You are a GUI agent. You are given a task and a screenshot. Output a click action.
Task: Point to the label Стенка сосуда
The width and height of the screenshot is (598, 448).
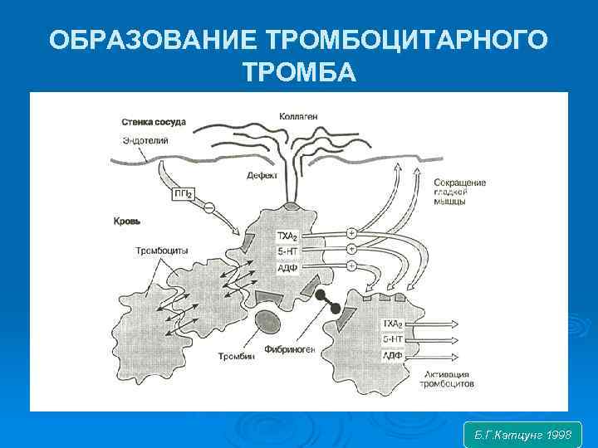[x=154, y=122]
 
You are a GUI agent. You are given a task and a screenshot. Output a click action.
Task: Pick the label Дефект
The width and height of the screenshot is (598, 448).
[x=262, y=175]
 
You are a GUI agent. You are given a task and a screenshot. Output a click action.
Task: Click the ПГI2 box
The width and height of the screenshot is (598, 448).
[x=184, y=193]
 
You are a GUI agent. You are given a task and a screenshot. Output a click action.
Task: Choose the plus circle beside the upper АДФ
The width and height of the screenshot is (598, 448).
[x=350, y=265]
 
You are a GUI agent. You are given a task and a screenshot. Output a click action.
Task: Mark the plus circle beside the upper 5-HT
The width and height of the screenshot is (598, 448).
[x=350, y=249]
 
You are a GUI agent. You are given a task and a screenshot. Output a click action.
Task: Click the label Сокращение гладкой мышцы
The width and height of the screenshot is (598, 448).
[x=460, y=191]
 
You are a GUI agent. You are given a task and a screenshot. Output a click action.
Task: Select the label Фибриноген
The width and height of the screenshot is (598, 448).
[x=290, y=348]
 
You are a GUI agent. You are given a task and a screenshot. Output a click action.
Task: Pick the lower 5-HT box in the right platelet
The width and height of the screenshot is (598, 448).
[x=391, y=339]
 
